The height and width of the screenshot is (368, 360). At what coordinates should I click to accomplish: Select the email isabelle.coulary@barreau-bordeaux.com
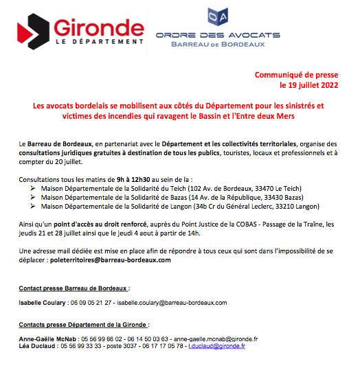tap(172, 303)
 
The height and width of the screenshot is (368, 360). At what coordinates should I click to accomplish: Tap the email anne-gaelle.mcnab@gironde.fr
tap(216, 338)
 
